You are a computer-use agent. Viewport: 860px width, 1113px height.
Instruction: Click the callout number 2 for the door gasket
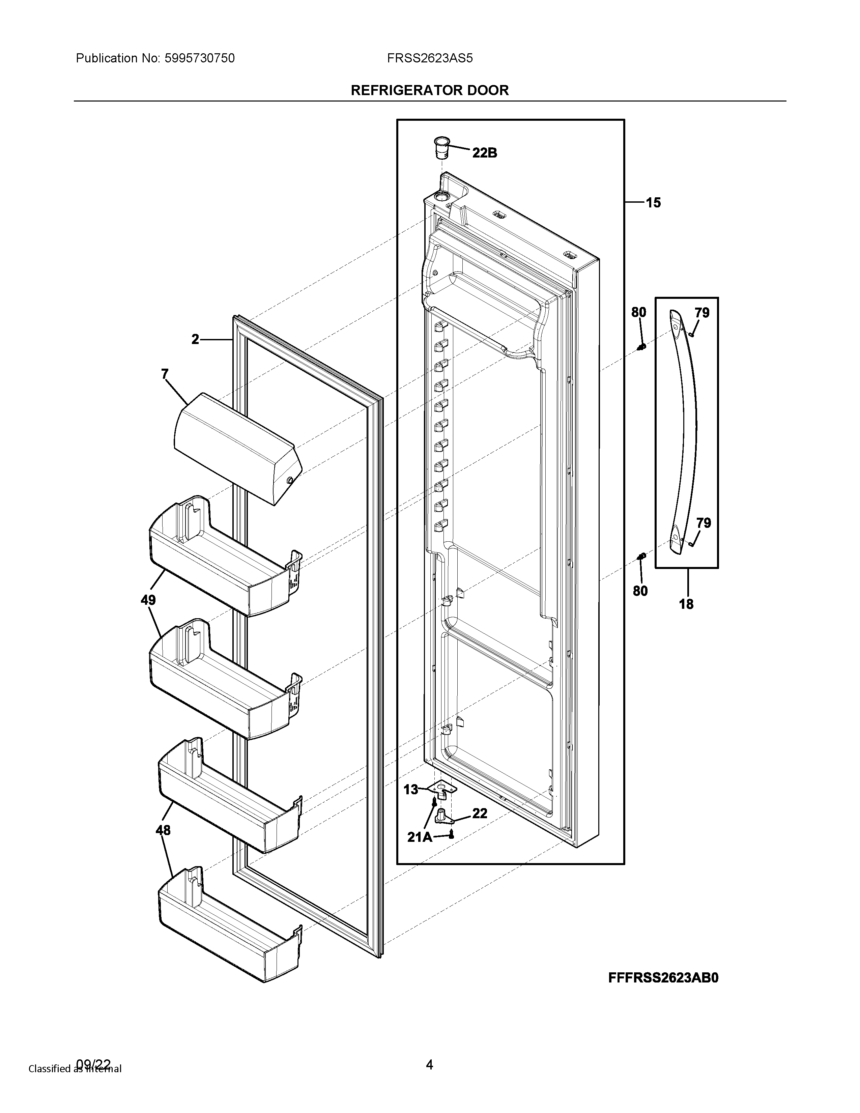196,339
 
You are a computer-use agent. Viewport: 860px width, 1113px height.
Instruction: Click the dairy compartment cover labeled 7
237,448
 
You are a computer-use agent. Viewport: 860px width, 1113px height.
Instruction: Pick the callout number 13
411,790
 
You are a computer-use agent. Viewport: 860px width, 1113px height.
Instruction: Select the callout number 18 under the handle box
686,604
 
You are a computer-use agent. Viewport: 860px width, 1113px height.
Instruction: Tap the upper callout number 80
638,312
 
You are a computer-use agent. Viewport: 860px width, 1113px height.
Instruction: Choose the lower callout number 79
704,523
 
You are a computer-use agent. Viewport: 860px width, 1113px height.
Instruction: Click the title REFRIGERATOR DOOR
429,91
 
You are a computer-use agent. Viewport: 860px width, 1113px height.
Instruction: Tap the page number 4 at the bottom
429,1079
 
